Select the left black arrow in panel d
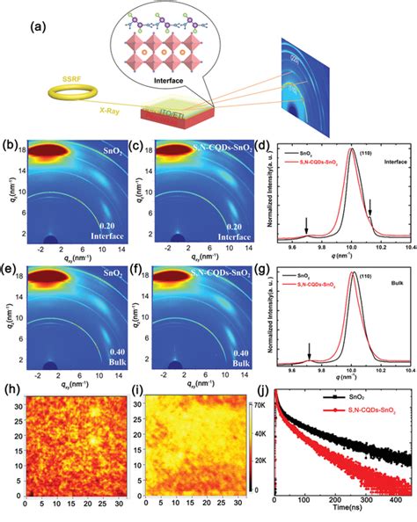[307, 225]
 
